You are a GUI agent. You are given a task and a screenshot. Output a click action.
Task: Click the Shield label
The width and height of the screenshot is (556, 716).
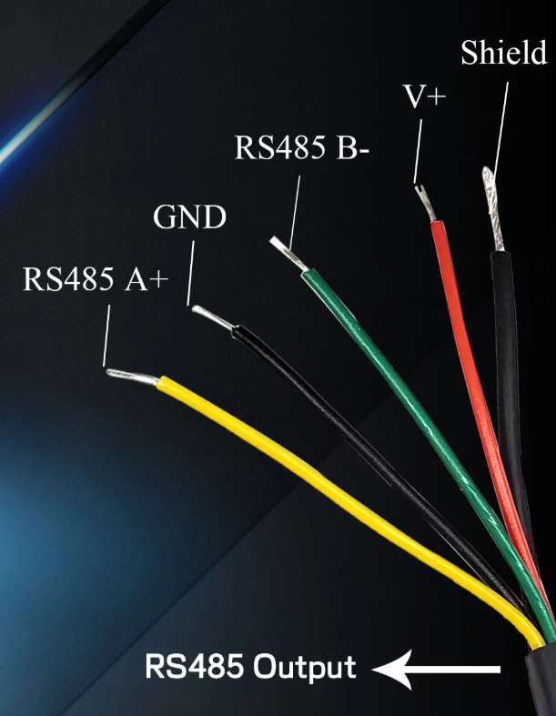click(x=504, y=53)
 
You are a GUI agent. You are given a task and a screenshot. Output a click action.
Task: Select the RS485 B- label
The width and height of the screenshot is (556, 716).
click(x=301, y=148)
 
